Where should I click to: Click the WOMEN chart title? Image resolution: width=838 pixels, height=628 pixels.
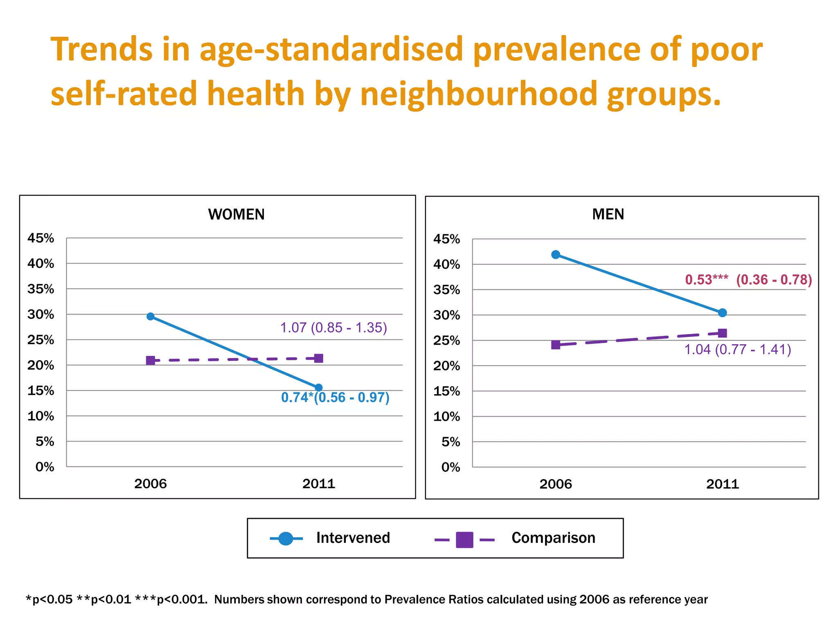[236, 214]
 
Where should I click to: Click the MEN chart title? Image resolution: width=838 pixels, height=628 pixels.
[608, 214]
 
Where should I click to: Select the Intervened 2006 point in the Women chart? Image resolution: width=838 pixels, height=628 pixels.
[151, 316]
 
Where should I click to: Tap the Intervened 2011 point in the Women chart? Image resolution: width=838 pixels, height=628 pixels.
[318, 388]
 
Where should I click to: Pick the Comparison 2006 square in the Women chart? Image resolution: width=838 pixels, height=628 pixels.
[151, 360]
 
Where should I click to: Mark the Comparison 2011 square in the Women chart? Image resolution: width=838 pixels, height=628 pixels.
[318, 359]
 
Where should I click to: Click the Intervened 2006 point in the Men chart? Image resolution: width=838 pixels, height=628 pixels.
[556, 255]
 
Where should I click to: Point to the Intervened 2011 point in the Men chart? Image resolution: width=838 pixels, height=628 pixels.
[723, 313]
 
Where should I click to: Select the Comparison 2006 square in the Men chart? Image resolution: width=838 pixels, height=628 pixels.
[556, 345]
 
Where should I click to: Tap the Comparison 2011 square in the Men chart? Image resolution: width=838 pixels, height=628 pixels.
[723, 333]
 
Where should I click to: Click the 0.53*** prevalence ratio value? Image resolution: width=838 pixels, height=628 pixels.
[707, 280]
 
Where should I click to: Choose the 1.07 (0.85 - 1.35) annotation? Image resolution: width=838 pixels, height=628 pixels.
[333, 327]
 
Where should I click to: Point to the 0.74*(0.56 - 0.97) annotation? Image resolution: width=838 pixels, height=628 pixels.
[335, 397]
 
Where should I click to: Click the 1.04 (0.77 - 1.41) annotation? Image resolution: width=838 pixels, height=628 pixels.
[738, 350]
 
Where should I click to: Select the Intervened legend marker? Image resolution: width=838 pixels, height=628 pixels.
[286, 538]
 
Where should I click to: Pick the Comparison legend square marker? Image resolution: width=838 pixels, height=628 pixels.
[464, 540]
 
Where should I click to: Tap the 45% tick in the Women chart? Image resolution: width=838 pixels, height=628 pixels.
[41, 238]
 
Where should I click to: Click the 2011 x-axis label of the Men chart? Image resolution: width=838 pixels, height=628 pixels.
[723, 484]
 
